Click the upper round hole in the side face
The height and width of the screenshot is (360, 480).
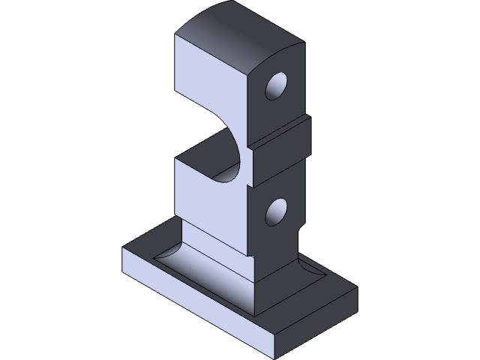coord(276,86)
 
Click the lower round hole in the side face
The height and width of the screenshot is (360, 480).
coord(276,212)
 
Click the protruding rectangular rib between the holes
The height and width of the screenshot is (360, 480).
coord(279,142)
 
